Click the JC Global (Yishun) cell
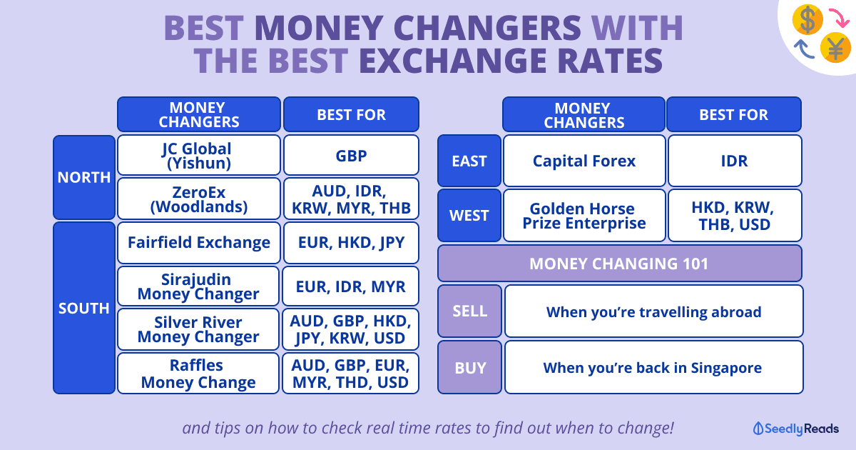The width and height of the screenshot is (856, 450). click(x=199, y=155)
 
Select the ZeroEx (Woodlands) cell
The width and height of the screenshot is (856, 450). click(x=199, y=199)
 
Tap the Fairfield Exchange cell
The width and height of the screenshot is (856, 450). click(x=199, y=243)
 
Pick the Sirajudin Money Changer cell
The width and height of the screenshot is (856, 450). click(x=198, y=286)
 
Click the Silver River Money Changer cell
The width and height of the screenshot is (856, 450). click(x=198, y=329)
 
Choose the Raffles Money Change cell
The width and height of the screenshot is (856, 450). click(x=198, y=374)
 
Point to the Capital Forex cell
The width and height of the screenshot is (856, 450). click(x=584, y=161)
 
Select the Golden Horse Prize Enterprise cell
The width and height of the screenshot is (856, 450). click(x=584, y=216)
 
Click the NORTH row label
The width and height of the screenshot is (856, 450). click(x=84, y=177)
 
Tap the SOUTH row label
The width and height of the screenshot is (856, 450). click(x=84, y=308)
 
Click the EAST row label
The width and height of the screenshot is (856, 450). click(x=469, y=161)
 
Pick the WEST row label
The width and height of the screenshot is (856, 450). click(x=469, y=216)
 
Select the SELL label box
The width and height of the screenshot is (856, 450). click(x=469, y=311)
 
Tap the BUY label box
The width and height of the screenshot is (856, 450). click(x=469, y=367)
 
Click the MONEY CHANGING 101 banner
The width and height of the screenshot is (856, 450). click(x=619, y=264)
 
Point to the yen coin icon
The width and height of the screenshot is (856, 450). click(x=835, y=48)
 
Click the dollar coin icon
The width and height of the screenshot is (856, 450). click(x=807, y=19)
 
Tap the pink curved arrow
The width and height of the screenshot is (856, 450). click(x=840, y=17)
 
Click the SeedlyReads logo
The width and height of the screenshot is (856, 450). click(x=795, y=429)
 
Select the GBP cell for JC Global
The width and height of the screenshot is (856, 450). click(x=351, y=155)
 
